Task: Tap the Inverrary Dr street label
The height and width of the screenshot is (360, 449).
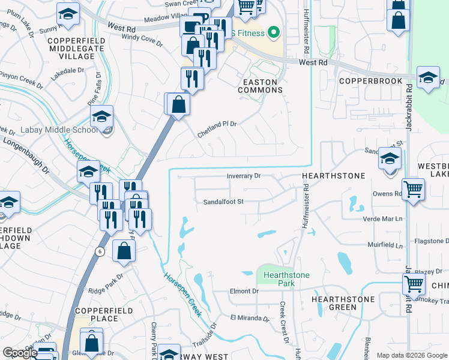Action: click(x=244, y=176)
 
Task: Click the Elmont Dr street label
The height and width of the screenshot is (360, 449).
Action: click(x=243, y=291)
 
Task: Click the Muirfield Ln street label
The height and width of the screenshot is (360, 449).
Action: click(x=384, y=245)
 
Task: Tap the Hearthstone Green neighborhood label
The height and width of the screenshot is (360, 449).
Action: click(x=343, y=303)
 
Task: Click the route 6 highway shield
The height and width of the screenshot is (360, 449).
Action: click(x=100, y=251)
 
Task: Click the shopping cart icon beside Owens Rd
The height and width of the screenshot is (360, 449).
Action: click(x=414, y=190)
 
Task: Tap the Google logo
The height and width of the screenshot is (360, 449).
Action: click(x=20, y=353)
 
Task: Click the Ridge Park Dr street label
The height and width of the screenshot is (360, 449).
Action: click(x=106, y=285)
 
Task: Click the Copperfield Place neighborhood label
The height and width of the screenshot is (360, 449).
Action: click(x=97, y=314)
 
